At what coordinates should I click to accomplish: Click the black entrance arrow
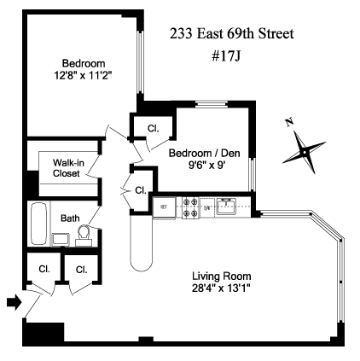point(15,302)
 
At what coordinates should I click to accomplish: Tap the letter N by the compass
point(289,123)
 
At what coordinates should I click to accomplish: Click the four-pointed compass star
point(305,153)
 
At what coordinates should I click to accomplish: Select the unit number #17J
point(226,56)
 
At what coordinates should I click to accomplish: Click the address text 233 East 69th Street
point(232,33)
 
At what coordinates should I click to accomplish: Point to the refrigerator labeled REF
point(164,207)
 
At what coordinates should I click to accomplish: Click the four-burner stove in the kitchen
point(190,207)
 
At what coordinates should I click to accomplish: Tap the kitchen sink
point(225,207)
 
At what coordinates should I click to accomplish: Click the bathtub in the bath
point(38,224)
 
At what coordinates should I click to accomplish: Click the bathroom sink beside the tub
point(61,240)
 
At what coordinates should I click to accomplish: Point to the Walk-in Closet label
point(68,168)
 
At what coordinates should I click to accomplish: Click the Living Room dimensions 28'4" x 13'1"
point(221,288)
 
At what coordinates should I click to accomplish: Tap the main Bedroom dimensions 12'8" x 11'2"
point(83,76)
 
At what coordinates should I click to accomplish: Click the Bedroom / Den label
point(205,153)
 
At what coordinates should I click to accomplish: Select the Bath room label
point(70,218)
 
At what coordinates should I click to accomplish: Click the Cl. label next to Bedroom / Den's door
point(153,129)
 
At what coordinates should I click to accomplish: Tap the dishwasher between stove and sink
point(206,208)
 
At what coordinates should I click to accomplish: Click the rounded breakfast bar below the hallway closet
point(142,244)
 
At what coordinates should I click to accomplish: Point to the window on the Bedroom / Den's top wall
point(212,104)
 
